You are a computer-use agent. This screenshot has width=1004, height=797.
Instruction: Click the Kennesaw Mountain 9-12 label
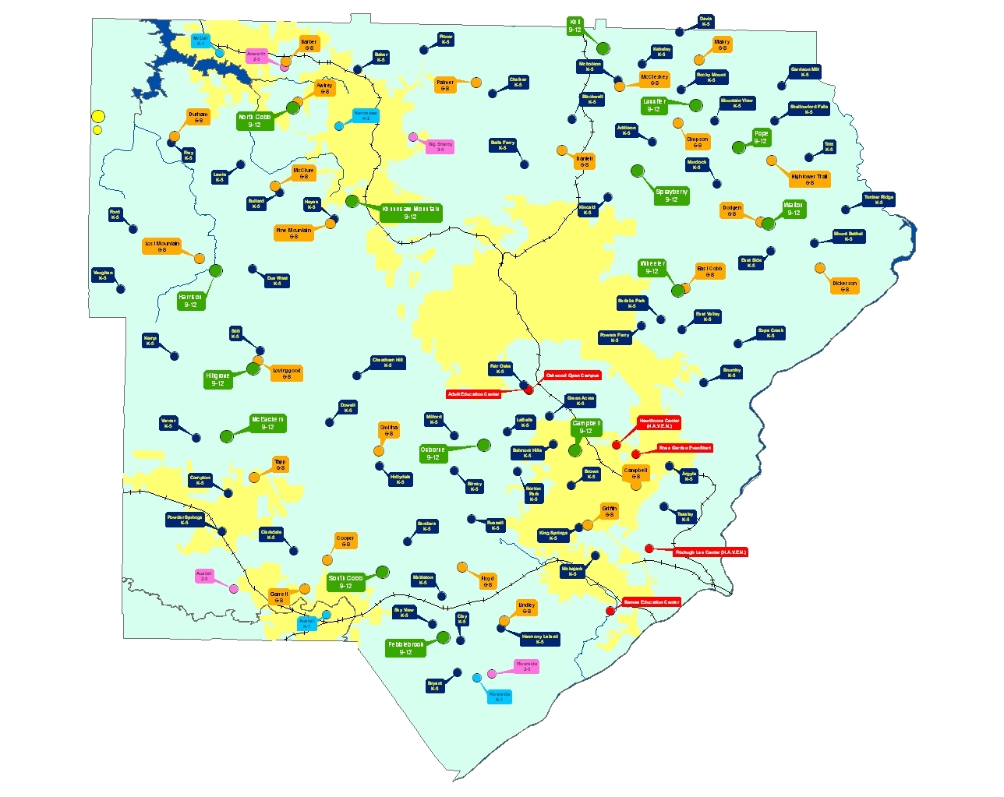click(x=411, y=213)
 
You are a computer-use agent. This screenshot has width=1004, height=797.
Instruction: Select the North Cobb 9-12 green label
click(x=255, y=121)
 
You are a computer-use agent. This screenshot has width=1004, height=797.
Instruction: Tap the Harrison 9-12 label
click(x=190, y=301)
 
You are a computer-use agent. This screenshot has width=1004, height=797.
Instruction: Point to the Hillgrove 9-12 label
click(x=217, y=379)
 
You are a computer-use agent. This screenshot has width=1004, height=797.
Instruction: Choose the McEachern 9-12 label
click(x=267, y=423)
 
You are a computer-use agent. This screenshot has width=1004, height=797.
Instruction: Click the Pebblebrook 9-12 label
click(x=405, y=648)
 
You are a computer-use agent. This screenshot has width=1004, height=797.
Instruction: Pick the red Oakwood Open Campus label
click(x=572, y=376)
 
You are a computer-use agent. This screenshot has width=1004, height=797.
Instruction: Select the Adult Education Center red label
click(x=473, y=394)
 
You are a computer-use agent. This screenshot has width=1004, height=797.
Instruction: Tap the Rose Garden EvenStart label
click(x=684, y=448)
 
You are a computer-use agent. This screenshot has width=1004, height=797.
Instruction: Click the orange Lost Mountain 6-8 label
click(x=162, y=246)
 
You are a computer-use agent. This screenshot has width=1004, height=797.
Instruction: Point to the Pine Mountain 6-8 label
click(x=293, y=233)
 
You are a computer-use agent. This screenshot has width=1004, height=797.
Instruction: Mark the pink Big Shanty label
click(x=440, y=146)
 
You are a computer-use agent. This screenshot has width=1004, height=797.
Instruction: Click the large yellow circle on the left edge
click(x=98, y=117)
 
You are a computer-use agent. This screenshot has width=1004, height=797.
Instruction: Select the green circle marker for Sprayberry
click(x=638, y=171)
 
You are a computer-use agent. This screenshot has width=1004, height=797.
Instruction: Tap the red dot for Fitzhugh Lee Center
click(x=649, y=548)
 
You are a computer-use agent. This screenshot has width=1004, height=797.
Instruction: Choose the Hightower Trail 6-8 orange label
click(x=809, y=179)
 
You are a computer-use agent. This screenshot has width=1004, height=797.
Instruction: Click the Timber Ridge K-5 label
click(x=878, y=200)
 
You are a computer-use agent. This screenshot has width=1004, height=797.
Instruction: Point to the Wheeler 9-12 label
click(x=652, y=267)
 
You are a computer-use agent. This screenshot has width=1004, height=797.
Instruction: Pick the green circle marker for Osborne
click(x=484, y=445)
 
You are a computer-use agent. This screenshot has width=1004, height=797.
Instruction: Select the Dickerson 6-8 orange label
click(x=844, y=286)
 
